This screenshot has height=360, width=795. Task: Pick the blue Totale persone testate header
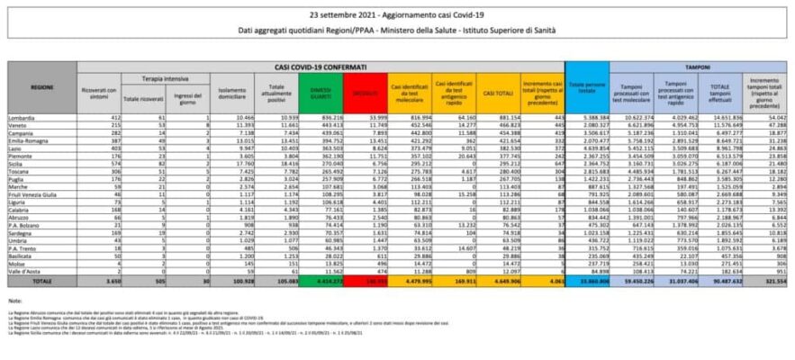coord(589,90)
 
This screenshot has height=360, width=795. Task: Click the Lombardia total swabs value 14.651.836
coord(720,117)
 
